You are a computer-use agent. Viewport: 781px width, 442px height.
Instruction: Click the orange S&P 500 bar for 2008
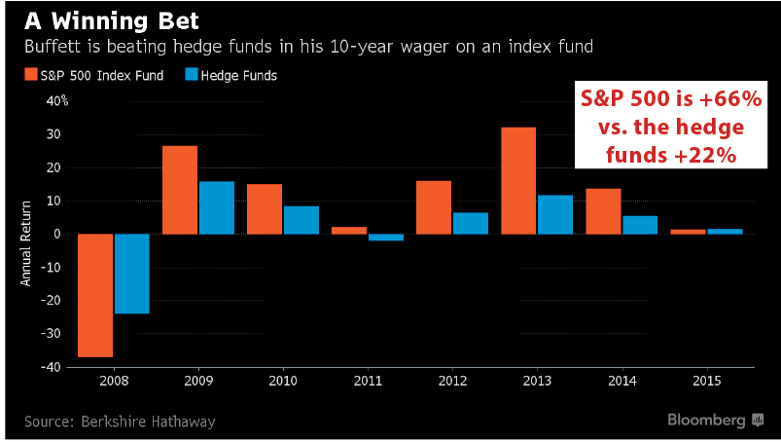[95, 296]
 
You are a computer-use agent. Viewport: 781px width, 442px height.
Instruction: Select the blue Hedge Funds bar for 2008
[132, 274]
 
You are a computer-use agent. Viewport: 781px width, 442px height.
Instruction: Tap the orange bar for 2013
[518, 181]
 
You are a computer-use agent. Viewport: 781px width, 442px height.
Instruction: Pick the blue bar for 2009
[217, 207]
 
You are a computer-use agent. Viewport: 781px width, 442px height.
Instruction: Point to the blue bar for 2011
[386, 238]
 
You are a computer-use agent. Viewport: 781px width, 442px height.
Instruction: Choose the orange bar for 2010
[265, 209]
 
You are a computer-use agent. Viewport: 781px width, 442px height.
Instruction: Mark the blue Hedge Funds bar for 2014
[640, 225]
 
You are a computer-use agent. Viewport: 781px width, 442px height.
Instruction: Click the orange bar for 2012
[434, 207]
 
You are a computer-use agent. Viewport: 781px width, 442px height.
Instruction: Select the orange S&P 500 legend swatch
[31, 74]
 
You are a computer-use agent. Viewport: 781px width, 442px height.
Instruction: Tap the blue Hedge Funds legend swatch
[192, 74]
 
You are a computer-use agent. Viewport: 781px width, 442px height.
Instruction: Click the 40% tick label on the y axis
[57, 101]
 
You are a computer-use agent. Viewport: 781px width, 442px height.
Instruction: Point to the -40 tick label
[51, 367]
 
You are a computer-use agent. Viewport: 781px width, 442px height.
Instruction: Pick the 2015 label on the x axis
[707, 381]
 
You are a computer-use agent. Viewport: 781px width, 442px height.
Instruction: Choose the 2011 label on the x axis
[368, 381]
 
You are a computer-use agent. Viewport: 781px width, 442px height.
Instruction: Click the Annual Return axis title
[25, 243]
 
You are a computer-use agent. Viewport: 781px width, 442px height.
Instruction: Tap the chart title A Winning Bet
[112, 20]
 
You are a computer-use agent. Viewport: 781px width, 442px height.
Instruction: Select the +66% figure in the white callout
[730, 98]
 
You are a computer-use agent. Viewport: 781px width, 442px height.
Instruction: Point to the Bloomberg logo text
[706, 420]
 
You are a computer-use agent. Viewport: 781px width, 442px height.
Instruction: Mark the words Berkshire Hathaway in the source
[148, 422]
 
